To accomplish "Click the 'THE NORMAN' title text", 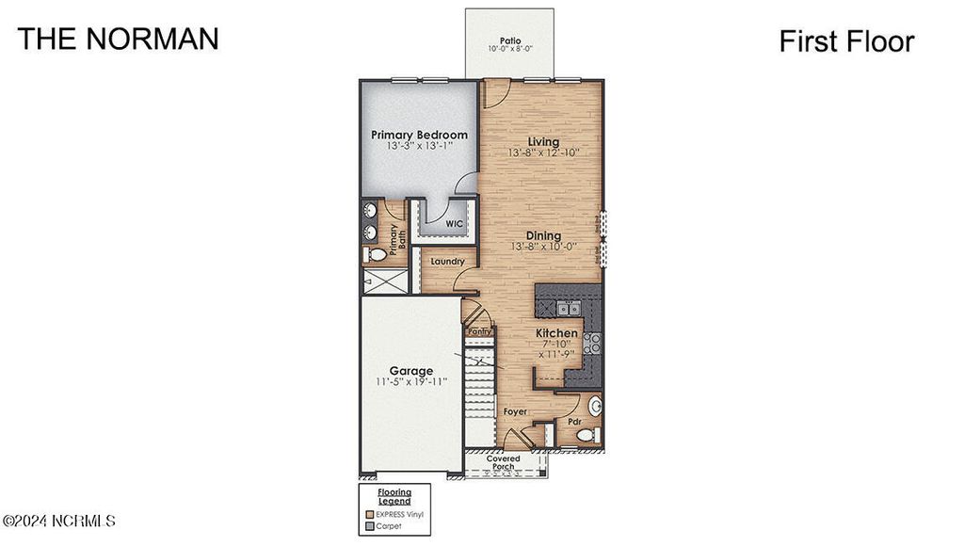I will click(x=118, y=39).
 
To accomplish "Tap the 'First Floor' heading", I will click(x=846, y=41).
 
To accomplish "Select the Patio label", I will click(x=510, y=41).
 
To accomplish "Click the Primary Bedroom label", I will click(x=419, y=135).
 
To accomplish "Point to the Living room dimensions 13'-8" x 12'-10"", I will click(x=542, y=153).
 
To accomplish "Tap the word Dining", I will click(x=543, y=235).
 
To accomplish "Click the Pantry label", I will click(x=479, y=331).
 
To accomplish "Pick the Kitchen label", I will click(x=556, y=333).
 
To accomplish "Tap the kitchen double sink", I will click(x=568, y=308).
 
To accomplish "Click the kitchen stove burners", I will click(x=593, y=344).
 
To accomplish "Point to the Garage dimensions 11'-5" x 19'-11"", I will click(x=412, y=382).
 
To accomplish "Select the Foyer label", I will click(x=514, y=411).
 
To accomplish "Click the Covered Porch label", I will click(x=503, y=462).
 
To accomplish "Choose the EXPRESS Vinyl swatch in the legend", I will click(x=369, y=514).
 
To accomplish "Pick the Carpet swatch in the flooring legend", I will click(x=369, y=526).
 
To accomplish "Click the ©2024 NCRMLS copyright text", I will click(x=59, y=520).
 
